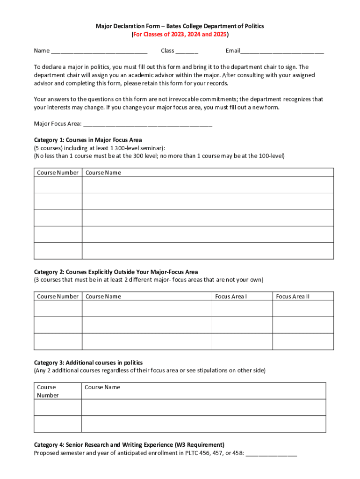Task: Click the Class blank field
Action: click(187, 51)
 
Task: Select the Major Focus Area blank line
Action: click(147, 124)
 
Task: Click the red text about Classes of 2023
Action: click(180, 35)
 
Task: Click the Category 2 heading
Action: click(116, 272)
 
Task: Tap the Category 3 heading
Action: click(88, 363)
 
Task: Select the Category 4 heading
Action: click(129, 444)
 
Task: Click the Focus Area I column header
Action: click(231, 297)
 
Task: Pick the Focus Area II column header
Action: click(293, 297)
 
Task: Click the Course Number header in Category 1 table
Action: click(58, 173)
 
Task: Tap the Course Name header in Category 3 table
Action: click(102, 387)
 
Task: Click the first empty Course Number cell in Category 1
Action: click(58, 185)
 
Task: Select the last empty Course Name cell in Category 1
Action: click(208, 251)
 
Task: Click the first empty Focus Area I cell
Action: click(242, 308)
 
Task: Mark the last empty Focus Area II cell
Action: click(303, 341)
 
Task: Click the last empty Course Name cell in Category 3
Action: click(203, 424)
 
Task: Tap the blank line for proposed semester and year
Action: click(271, 453)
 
